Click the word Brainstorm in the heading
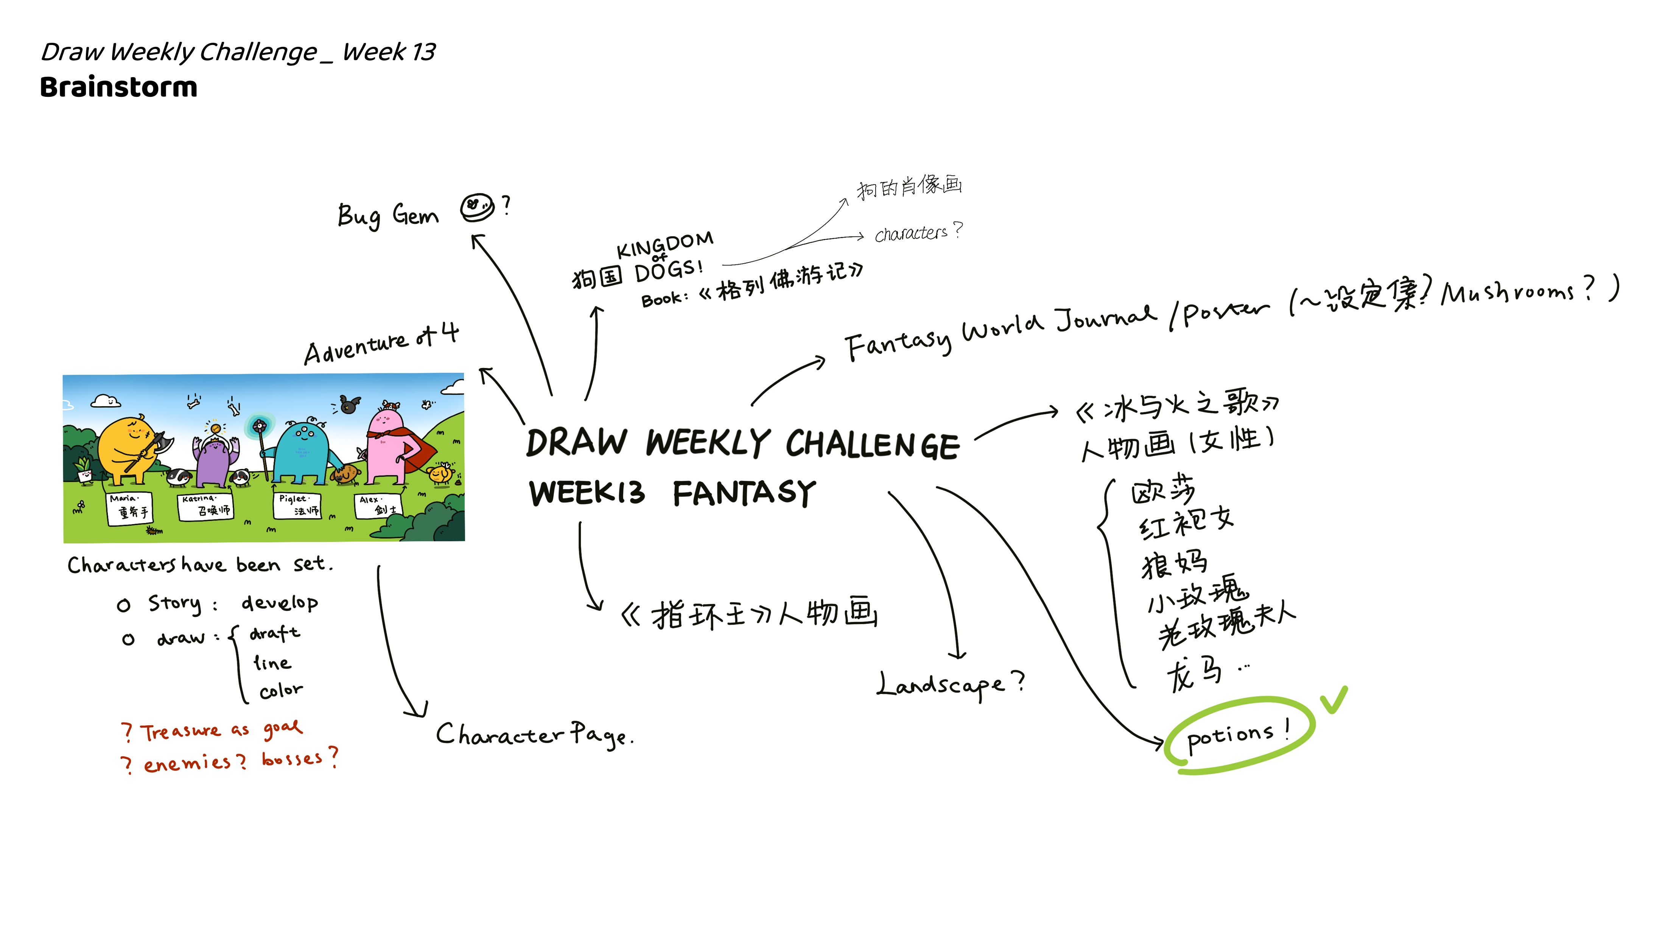coord(118,87)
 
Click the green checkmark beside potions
coord(1334,700)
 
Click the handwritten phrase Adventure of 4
coord(381,344)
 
